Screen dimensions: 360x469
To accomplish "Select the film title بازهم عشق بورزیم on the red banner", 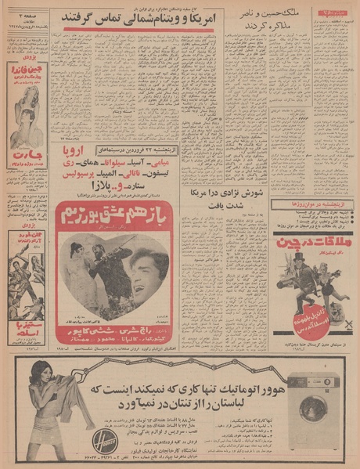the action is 113,213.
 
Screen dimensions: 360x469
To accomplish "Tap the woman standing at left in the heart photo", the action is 77,274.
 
